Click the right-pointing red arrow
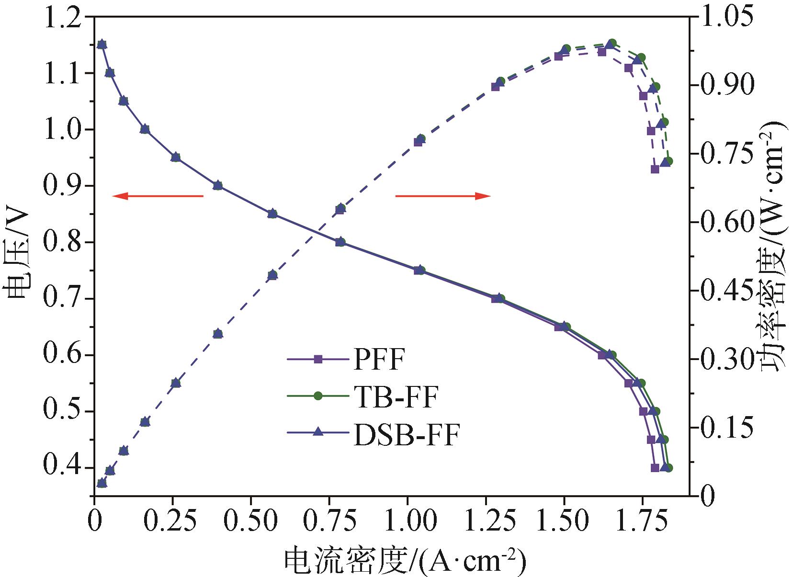tap(442, 196)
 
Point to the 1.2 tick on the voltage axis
tap(63, 17)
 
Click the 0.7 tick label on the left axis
tap(63, 298)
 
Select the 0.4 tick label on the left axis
tap(63, 467)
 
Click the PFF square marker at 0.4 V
tap(655, 468)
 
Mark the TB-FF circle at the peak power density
tap(612, 43)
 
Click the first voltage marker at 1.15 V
tap(102, 45)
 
